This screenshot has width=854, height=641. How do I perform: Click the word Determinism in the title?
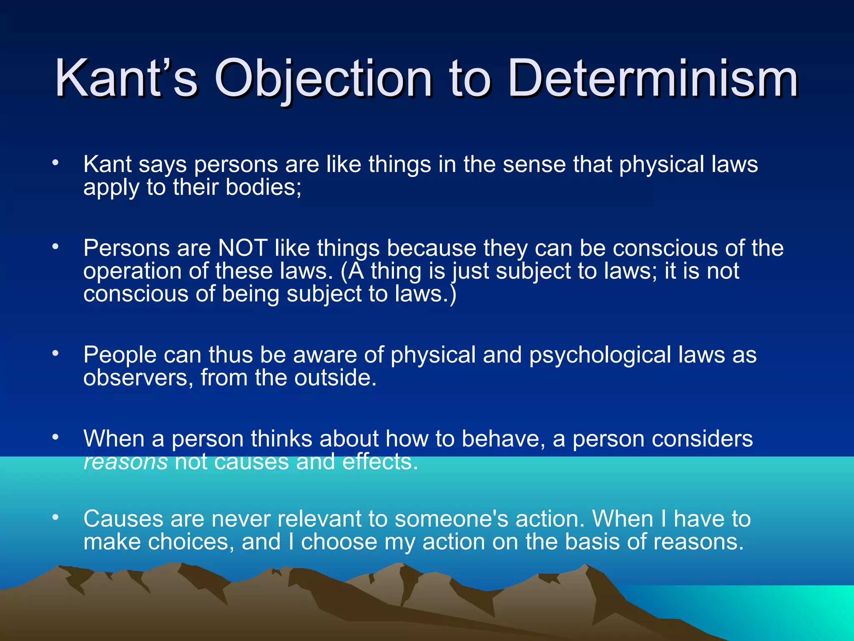click(653, 78)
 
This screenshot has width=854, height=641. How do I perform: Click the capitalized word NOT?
click(243, 248)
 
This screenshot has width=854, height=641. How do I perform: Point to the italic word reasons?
click(126, 462)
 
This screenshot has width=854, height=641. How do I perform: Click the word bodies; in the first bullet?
click(263, 187)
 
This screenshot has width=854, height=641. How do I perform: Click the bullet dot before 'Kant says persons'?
click(55, 163)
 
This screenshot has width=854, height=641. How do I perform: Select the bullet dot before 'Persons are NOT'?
click(55, 247)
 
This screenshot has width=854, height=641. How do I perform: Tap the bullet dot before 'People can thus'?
click(55, 353)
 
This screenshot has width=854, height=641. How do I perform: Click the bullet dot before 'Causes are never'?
click(55, 517)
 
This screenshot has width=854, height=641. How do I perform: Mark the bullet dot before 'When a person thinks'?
click(55, 437)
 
